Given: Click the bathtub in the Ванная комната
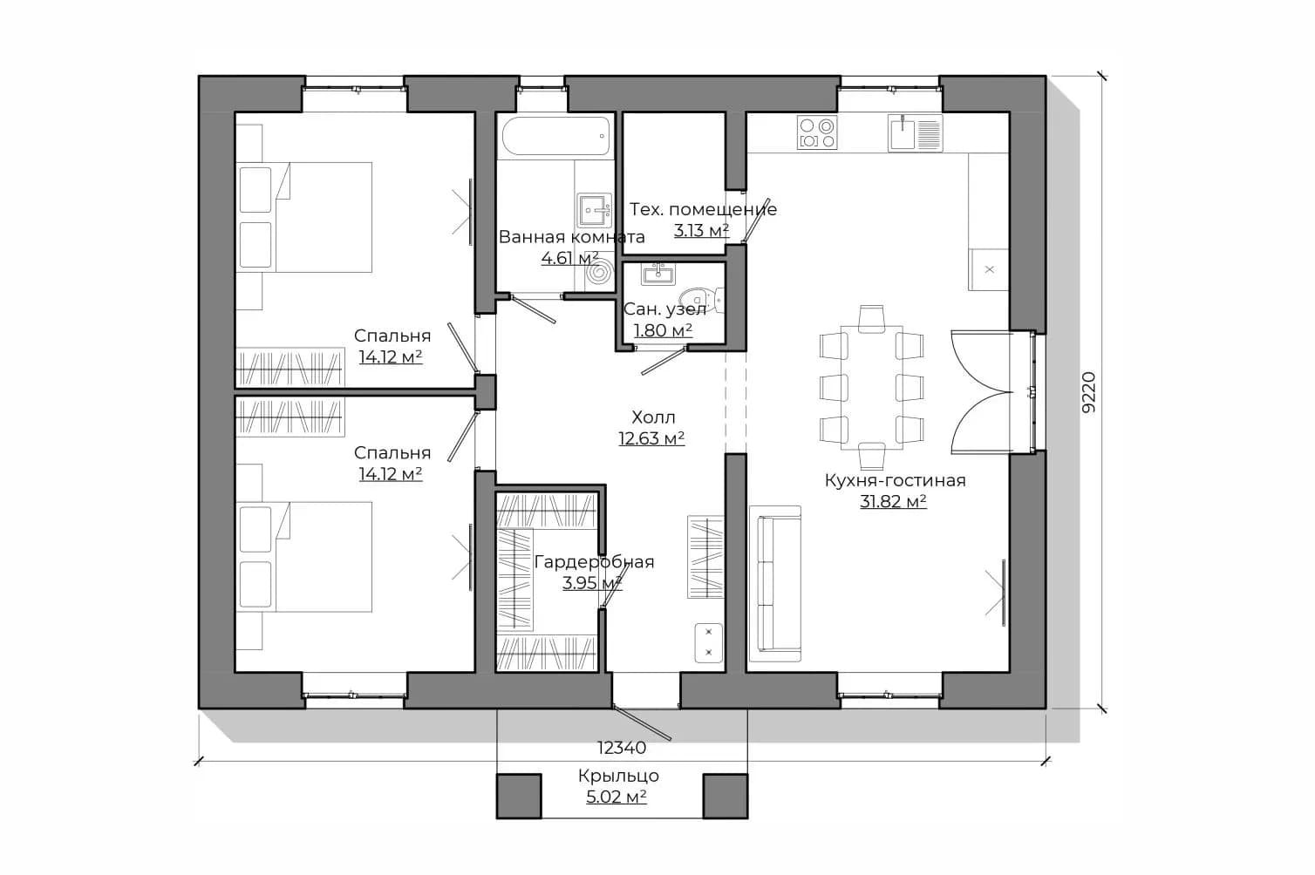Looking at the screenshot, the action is [x=556, y=136].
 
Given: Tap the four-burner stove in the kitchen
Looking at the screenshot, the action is [x=816, y=132].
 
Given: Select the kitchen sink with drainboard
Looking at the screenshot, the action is [x=915, y=133].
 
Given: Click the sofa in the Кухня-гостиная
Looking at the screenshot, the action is [x=775, y=584].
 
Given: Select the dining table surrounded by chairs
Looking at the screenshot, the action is [x=871, y=387].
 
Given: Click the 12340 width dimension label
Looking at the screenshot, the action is [x=622, y=748].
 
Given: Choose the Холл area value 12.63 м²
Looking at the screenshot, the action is [x=651, y=438].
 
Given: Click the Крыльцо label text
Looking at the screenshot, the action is [x=618, y=776].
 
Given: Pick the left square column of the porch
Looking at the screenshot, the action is [x=519, y=796].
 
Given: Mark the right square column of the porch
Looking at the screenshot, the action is [x=726, y=796].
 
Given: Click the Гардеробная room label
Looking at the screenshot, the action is [x=594, y=561].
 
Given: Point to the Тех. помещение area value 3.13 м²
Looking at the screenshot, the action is [x=701, y=230].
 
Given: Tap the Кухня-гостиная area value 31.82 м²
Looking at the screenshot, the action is [x=894, y=501].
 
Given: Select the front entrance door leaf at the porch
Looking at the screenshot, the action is [x=642, y=723].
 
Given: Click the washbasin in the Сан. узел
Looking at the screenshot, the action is [x=658, y=274].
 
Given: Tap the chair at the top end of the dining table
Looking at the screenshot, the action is [x=871, y=319].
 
